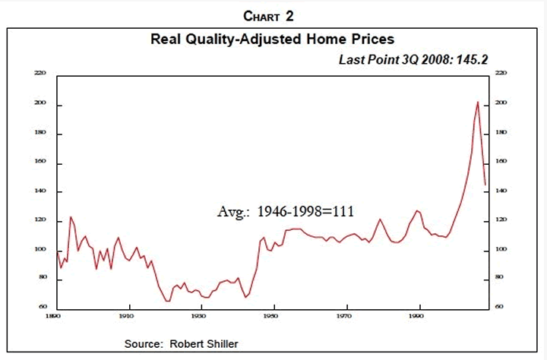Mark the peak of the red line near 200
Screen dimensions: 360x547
477,102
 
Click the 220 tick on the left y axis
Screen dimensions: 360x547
41,73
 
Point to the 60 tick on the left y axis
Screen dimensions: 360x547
43,307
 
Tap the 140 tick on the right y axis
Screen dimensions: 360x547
501,191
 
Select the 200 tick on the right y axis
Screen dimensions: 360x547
501,103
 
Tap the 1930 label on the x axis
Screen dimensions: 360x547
200,314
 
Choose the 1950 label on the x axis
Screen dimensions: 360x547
273,314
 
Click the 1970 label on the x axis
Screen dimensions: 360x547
346,314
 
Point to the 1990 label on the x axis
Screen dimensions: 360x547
418,314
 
